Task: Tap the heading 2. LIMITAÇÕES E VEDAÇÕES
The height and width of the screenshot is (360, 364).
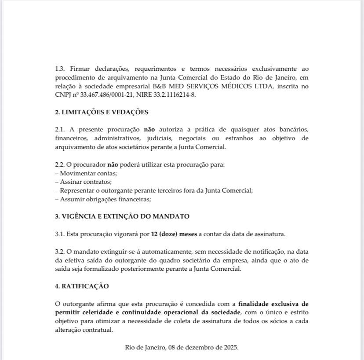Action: (x=102, y=112)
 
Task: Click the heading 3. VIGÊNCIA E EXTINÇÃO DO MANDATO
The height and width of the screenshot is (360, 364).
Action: (x=122, y=216)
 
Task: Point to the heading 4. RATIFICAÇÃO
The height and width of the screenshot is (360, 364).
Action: (x=82, y=286)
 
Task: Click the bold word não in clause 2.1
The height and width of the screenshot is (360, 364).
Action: (x=149, y=130)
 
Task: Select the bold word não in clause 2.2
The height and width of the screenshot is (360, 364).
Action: (x=113, y=164)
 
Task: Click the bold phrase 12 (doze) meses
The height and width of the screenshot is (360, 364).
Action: (x=174, y=234)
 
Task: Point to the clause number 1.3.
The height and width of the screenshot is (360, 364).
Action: (x=60, y=69)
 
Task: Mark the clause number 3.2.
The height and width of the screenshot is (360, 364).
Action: (x=60, y=251)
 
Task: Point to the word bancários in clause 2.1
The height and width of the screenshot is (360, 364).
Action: (x=294, y=130)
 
